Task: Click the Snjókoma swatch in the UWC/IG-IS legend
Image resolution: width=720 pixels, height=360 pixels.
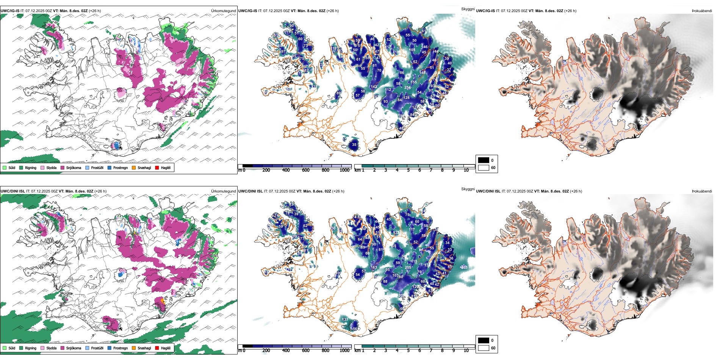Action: (63, 167)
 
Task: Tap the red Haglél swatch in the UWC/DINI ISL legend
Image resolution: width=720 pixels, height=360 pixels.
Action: (157, 348)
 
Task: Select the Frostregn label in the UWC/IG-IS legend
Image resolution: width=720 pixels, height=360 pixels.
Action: (120, 167)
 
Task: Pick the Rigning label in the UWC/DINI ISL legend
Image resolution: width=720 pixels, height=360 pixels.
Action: (31, 348)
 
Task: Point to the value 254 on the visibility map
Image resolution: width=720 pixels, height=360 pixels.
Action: (407, 88)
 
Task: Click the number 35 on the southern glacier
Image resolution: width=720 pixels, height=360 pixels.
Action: (354, 144)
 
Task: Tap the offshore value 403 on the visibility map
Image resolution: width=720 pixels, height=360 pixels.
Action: (464, 268)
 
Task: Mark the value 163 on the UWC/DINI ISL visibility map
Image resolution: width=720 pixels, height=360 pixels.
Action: (374, 268)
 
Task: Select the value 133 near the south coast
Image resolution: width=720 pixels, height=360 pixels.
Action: (345, 319)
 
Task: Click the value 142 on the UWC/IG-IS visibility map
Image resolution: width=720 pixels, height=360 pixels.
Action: (374, 87)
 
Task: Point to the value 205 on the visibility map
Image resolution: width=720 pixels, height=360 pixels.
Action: (408, 268)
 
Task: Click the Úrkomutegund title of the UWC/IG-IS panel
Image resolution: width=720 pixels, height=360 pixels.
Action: (224, 11)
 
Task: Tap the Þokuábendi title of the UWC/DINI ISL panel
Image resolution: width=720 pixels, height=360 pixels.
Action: (702, 191)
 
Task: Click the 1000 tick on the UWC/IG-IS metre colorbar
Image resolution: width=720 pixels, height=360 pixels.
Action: (344, 170)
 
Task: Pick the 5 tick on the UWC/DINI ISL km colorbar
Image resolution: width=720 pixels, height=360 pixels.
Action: (409, 351)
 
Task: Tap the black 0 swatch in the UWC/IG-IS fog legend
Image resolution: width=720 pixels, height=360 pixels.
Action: (484, 160)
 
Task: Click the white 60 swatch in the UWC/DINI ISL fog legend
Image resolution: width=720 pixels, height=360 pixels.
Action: (484, 348)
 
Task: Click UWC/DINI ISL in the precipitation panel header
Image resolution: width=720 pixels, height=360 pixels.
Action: (13, 191)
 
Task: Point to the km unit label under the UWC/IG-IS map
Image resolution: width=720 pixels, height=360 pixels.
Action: (357, 170)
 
